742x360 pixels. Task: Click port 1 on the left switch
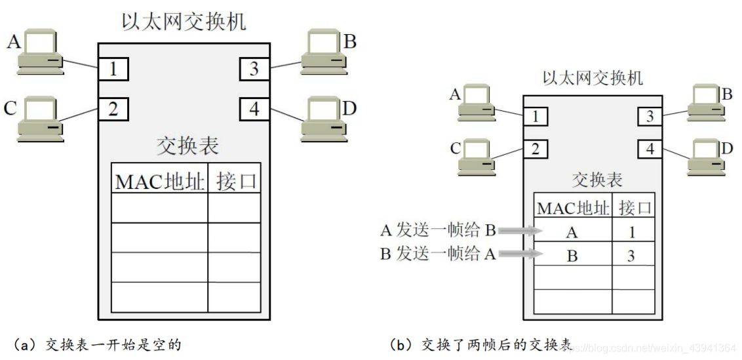tap(113, 69)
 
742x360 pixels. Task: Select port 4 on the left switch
tap(254, 108)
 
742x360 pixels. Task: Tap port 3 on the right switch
tap(650, 117)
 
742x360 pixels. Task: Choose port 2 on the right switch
tap(535, 150)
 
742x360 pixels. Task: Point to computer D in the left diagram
tap(323, 119)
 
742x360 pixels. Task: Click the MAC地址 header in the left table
tap(160, 181)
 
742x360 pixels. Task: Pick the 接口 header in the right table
tap(635, 209)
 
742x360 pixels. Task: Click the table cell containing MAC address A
tap(572, 231)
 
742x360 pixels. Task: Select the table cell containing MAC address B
tap(572, 256)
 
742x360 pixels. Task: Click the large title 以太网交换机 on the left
tap(184, 22)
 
